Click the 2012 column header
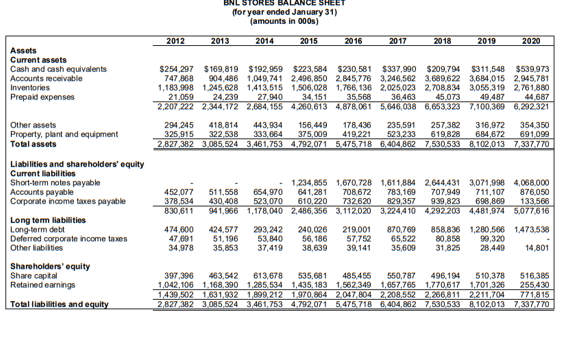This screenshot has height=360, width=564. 175,41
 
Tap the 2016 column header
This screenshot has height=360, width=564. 354,41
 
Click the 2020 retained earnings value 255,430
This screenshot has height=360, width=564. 532,285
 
